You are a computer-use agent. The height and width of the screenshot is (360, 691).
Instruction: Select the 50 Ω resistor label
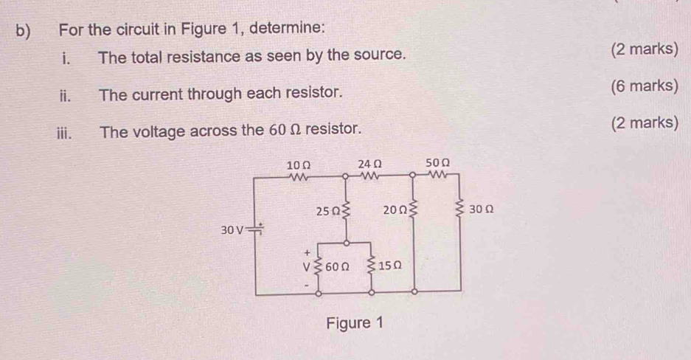point(438,162)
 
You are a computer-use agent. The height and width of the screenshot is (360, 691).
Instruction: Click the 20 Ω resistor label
point(395,212)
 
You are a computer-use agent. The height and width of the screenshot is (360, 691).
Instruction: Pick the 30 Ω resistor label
point(481,210)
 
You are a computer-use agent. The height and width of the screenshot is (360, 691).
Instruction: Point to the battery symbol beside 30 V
point(257,229)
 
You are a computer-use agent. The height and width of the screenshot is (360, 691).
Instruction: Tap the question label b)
point(21,30)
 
